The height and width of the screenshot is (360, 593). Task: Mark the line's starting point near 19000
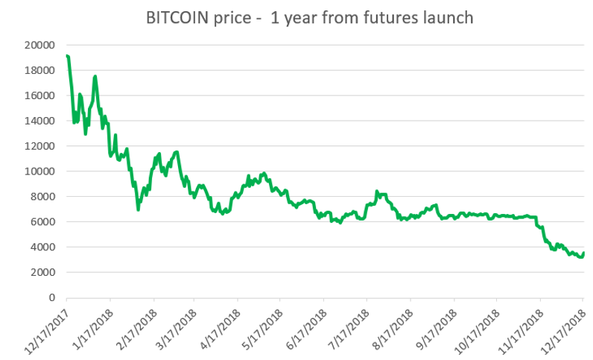[67, 56]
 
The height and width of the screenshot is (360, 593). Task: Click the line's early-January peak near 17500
[95, 76]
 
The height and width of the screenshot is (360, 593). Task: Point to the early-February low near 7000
[138, 209]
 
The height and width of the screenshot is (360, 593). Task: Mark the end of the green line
[583, 253]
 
